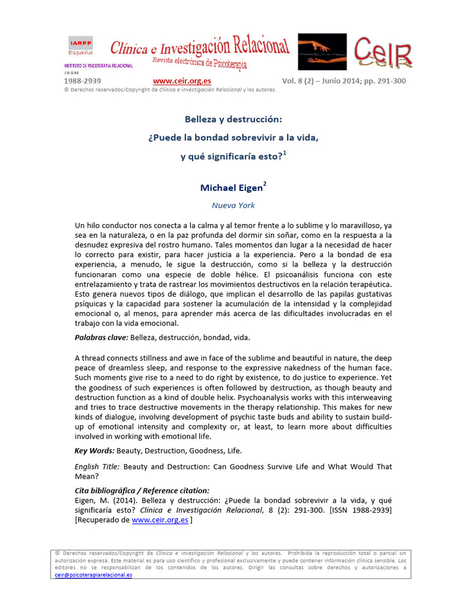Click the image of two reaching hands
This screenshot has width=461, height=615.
point(322,52)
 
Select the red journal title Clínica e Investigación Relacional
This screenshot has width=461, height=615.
point(199,47)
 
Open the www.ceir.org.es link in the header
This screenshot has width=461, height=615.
point(182,81)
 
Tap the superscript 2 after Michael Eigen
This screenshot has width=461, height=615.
point(265,184)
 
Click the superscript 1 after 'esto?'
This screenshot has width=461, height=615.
point(285,153)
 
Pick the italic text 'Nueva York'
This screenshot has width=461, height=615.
point(233,205)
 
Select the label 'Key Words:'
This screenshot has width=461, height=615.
point(94,450)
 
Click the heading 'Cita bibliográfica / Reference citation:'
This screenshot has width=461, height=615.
point(142,490)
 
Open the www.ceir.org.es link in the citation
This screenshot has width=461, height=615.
point(160,521)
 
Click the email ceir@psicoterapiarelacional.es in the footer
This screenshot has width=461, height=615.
point(94,575)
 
